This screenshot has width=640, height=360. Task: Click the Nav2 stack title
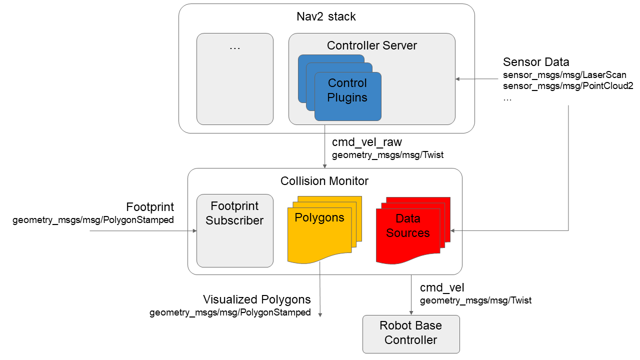tap(326, 16)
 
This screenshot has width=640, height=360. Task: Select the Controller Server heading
tap(371, 45)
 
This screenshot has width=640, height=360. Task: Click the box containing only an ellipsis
tap(235, 79)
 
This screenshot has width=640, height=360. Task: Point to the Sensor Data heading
tap(536, 62)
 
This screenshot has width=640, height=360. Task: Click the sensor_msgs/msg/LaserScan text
tap(564, 75)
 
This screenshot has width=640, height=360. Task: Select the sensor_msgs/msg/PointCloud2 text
tap(568, 86)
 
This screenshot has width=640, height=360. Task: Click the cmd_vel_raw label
tap(367, 142)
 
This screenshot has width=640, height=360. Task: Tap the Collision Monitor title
tap(324, 181)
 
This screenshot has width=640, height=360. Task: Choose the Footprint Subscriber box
tap(235, 230)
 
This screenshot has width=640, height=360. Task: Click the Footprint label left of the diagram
tap(150, 207)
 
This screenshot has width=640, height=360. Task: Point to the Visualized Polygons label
tap(256, 299)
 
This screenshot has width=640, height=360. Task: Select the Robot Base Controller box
tap(411, 333)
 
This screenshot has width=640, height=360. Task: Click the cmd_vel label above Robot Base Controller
tap(442, 287)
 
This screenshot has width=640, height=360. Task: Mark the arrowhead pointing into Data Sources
tap(453, 230)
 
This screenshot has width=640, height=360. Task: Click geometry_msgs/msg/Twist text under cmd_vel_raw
tap(387, 155)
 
